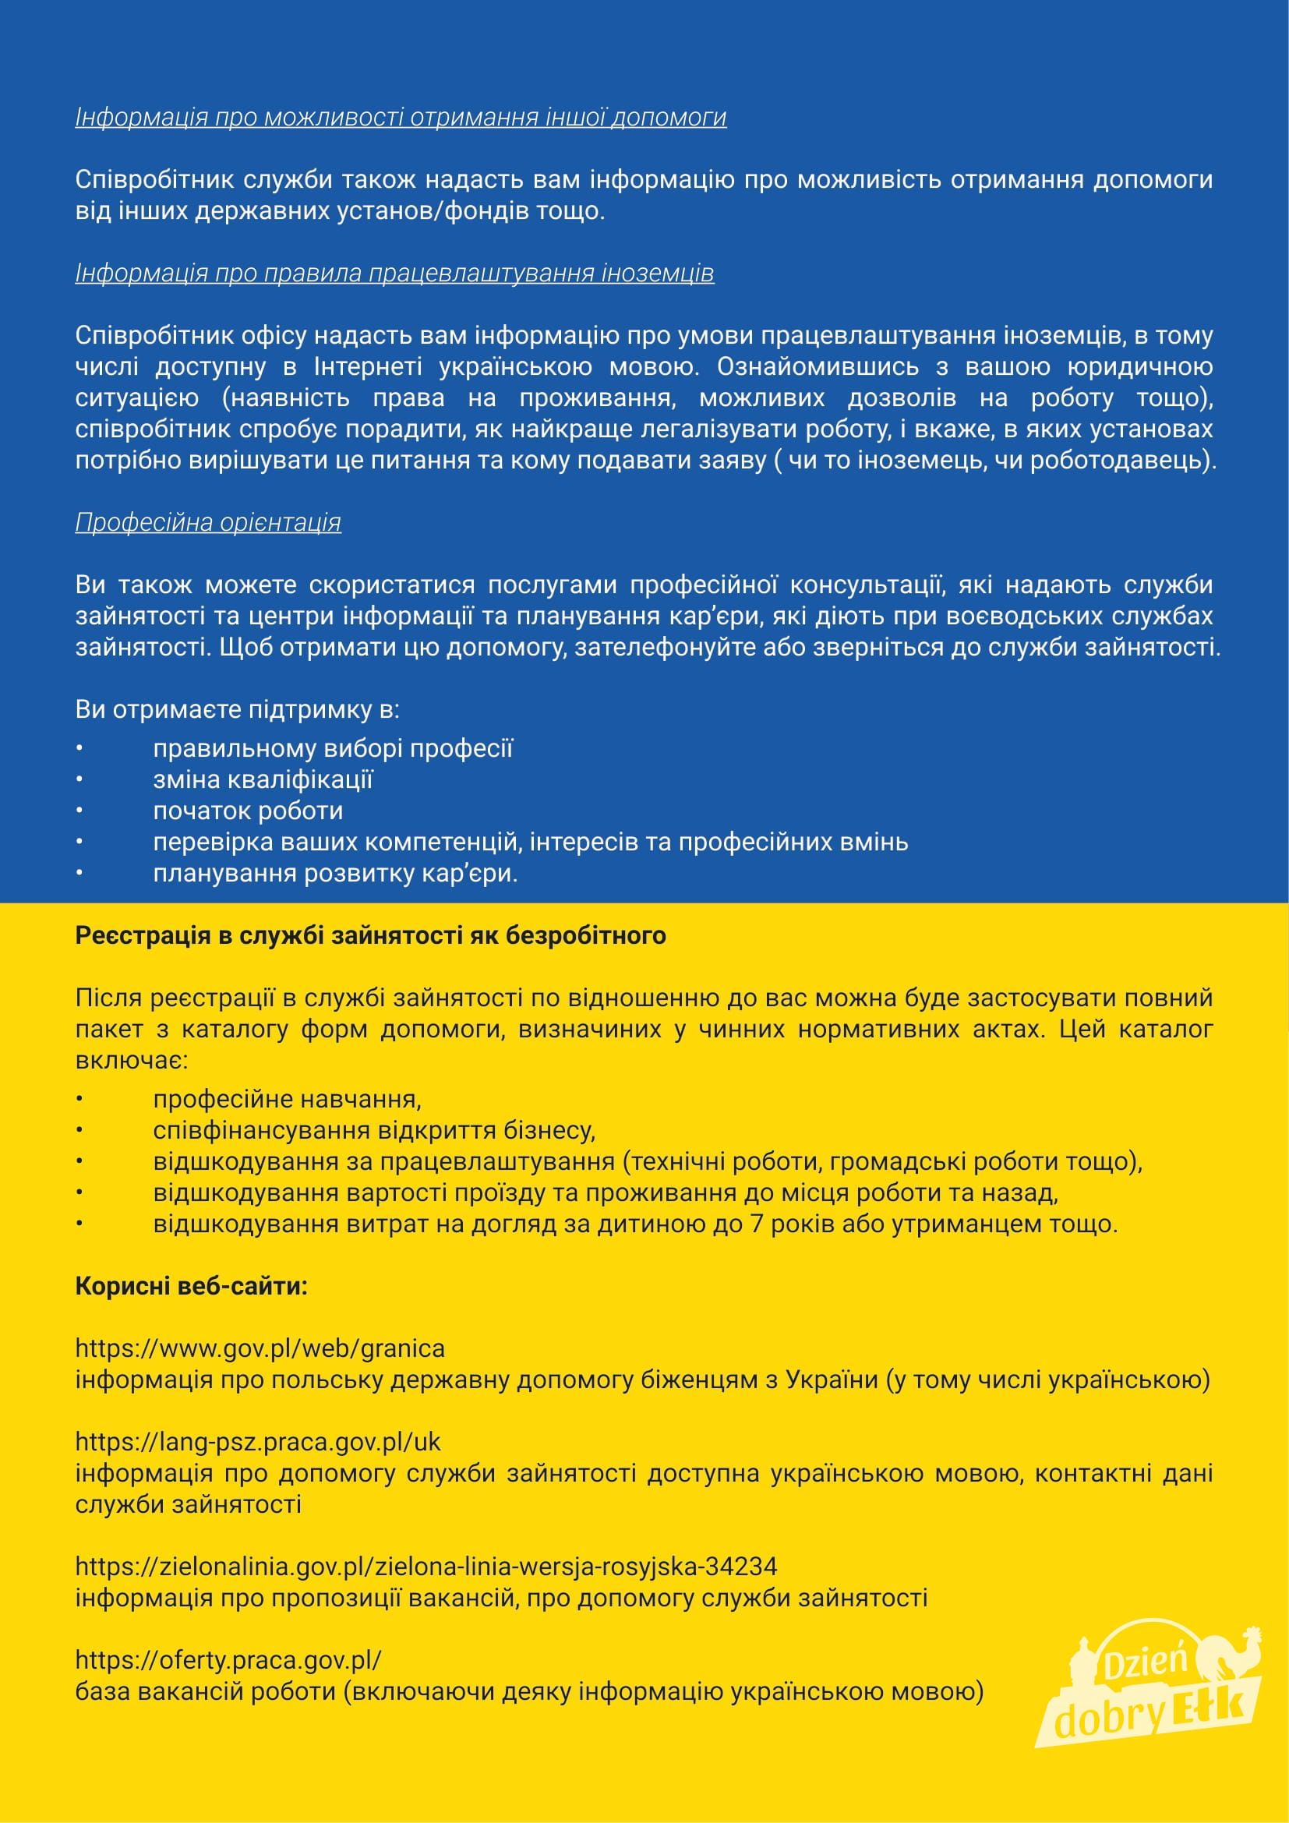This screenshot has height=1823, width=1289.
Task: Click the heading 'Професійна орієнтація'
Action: (x=208, y=522)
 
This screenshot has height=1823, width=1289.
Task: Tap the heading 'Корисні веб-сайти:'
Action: (x=191, y=1285)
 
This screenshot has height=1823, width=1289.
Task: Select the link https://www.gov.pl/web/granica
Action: (x=260, y=1348)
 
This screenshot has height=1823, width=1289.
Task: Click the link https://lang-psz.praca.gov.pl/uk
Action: (x=258, y=1441)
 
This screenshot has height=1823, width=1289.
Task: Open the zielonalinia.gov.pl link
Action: (x=426, y=1566)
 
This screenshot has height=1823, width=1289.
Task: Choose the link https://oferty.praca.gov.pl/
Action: (x=228, y=1659)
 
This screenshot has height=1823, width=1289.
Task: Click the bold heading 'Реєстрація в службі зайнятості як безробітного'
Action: (x=370, y=935)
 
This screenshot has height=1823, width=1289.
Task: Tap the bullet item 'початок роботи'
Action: (x=248, y=811)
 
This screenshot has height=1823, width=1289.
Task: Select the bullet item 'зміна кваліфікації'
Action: (x=263, y=779)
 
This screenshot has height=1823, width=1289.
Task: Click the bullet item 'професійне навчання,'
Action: (x=288, y=1099)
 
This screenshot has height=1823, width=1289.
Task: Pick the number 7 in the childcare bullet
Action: (x=757, y=1224)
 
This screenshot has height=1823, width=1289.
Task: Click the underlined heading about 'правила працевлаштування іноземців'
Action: (x=394, y=273)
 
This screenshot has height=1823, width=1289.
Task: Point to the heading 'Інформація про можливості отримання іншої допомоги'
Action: (x=401, y=118)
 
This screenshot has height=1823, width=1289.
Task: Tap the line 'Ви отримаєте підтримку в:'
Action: (x=238, y=709)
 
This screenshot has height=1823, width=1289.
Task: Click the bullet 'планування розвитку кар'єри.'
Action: (x=335, y=874)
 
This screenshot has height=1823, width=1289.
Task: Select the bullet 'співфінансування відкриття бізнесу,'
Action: (x=374, y=1130)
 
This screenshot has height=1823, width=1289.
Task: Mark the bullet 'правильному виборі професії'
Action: (x=333, y=749)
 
